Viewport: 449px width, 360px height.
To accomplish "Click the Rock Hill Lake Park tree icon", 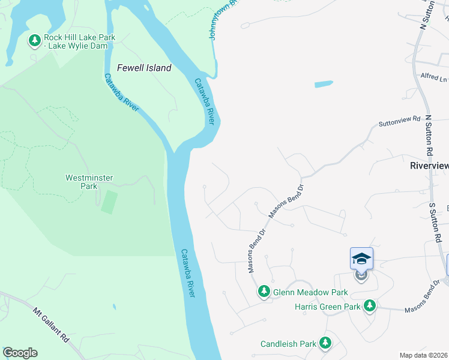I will click(x=35, y=40).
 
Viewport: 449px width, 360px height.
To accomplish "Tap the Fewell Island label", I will click(x=144, y=68).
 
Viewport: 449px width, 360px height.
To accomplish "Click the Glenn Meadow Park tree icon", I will click(x=264, y=292).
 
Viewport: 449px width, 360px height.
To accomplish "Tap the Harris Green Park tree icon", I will click(x=370, y=306).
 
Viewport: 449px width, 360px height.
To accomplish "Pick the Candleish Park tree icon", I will click(x=325, y=343).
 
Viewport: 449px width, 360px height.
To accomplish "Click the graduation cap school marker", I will click(x=361, y=259).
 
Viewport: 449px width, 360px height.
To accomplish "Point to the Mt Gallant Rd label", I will click(x=52, y=326).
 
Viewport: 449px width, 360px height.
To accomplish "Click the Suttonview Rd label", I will click(x=399, y=121).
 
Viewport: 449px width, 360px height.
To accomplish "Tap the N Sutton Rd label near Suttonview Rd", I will click(x=429, y=136).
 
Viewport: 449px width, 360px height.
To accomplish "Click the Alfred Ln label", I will click(x=434, y=77).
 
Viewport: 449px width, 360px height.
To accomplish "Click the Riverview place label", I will click(x=429, y=166).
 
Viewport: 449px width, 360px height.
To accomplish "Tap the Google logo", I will click(x=20, y=353).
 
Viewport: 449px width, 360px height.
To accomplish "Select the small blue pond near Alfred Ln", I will click(x=324, y=84).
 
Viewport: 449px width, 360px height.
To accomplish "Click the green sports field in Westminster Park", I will click(x=109, y=202).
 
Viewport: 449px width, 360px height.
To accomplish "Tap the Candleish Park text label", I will click(x=288, y=344).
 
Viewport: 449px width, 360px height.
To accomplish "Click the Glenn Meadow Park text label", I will click(x=310, y=292).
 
